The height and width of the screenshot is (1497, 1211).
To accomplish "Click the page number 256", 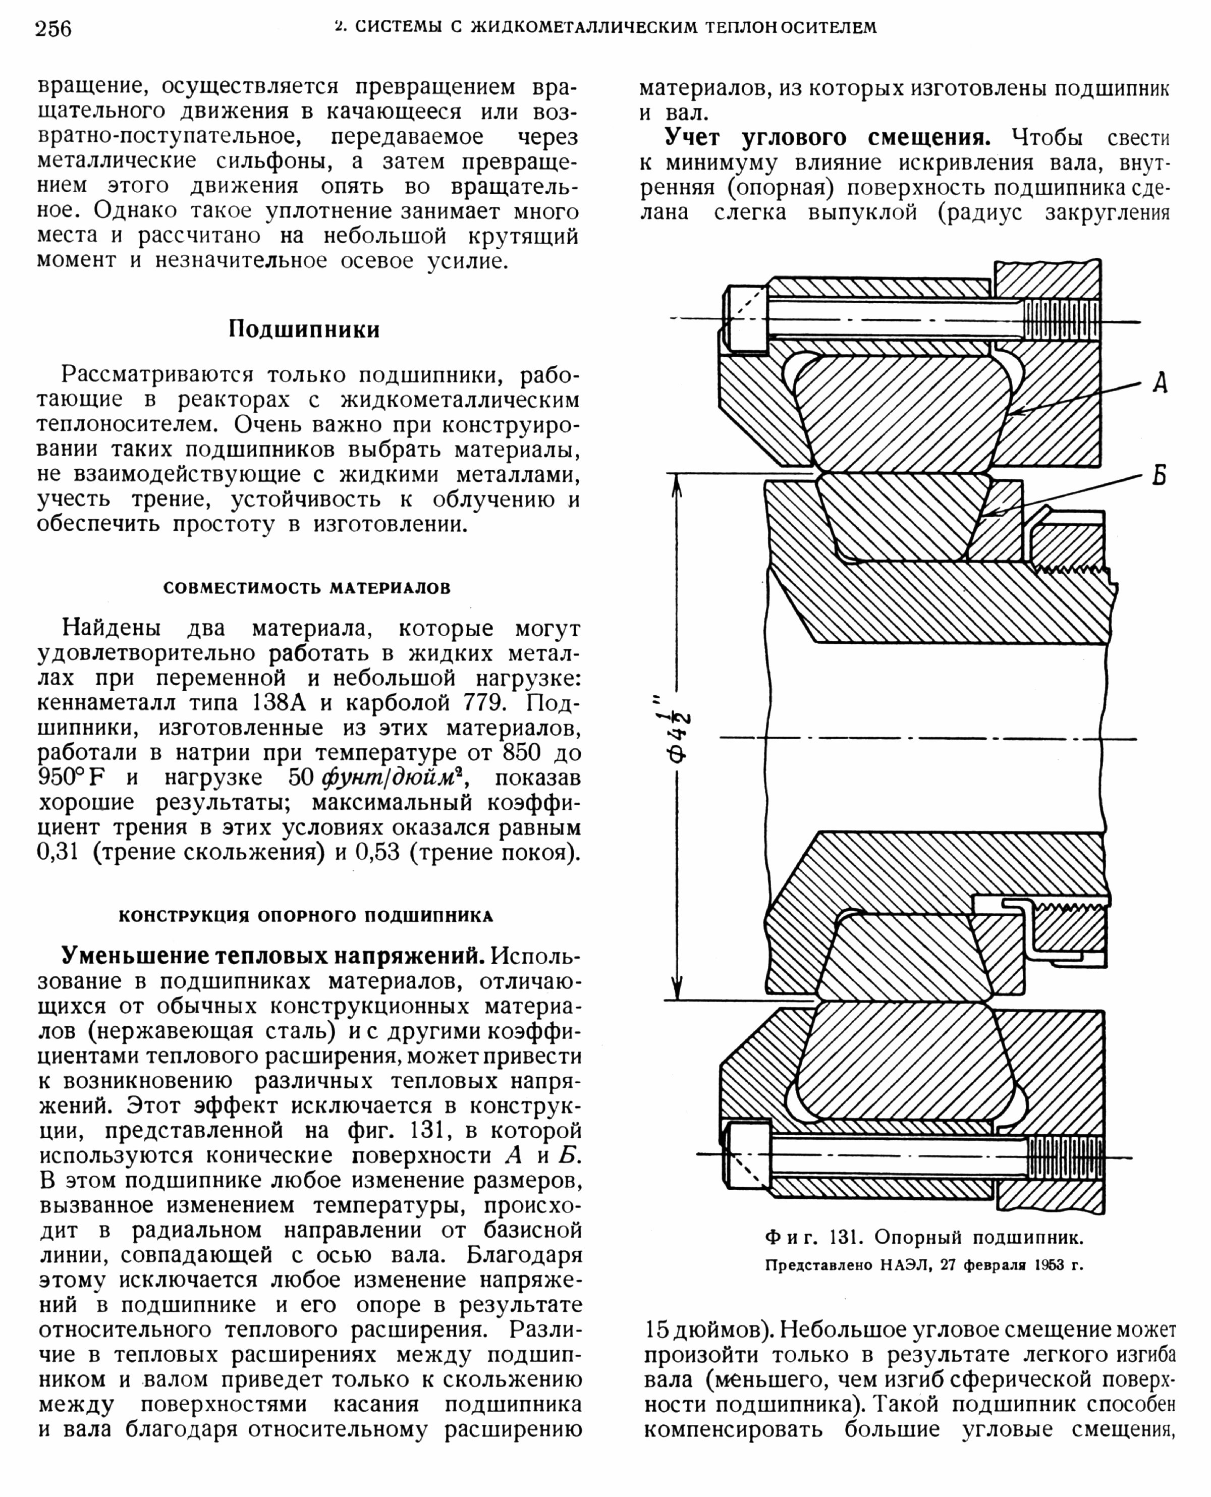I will click(x=53, y=29).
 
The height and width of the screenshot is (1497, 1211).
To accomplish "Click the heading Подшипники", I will click(x=304, y=329).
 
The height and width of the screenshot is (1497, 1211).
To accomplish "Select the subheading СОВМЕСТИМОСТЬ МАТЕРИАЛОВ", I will click(x=307, y=588).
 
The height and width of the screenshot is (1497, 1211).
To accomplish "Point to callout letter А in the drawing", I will click(x=1160, y=382).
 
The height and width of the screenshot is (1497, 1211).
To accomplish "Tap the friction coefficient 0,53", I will click(x=377, y=853).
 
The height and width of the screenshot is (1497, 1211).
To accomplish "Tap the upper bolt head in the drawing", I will click(x=746, y=319).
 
